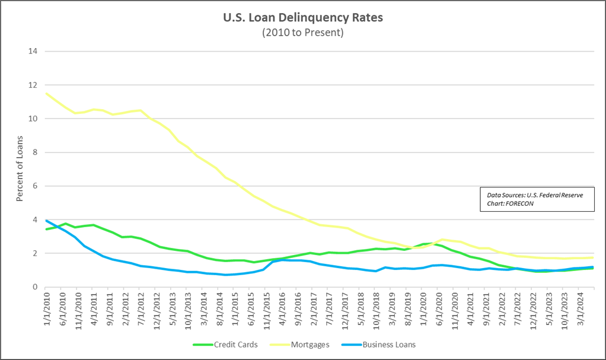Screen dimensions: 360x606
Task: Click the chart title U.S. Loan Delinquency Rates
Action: coord(303,18)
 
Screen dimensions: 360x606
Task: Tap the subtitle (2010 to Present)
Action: coord(303,33)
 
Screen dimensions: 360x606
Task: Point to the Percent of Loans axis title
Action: coord(20,169)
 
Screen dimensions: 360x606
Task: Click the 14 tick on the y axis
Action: coord(33,51)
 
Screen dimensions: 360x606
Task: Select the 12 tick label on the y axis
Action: coord(33,85)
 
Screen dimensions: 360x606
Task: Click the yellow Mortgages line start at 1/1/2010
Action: coord(47,93)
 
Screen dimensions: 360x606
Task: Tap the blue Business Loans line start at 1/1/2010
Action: coord(47,221)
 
